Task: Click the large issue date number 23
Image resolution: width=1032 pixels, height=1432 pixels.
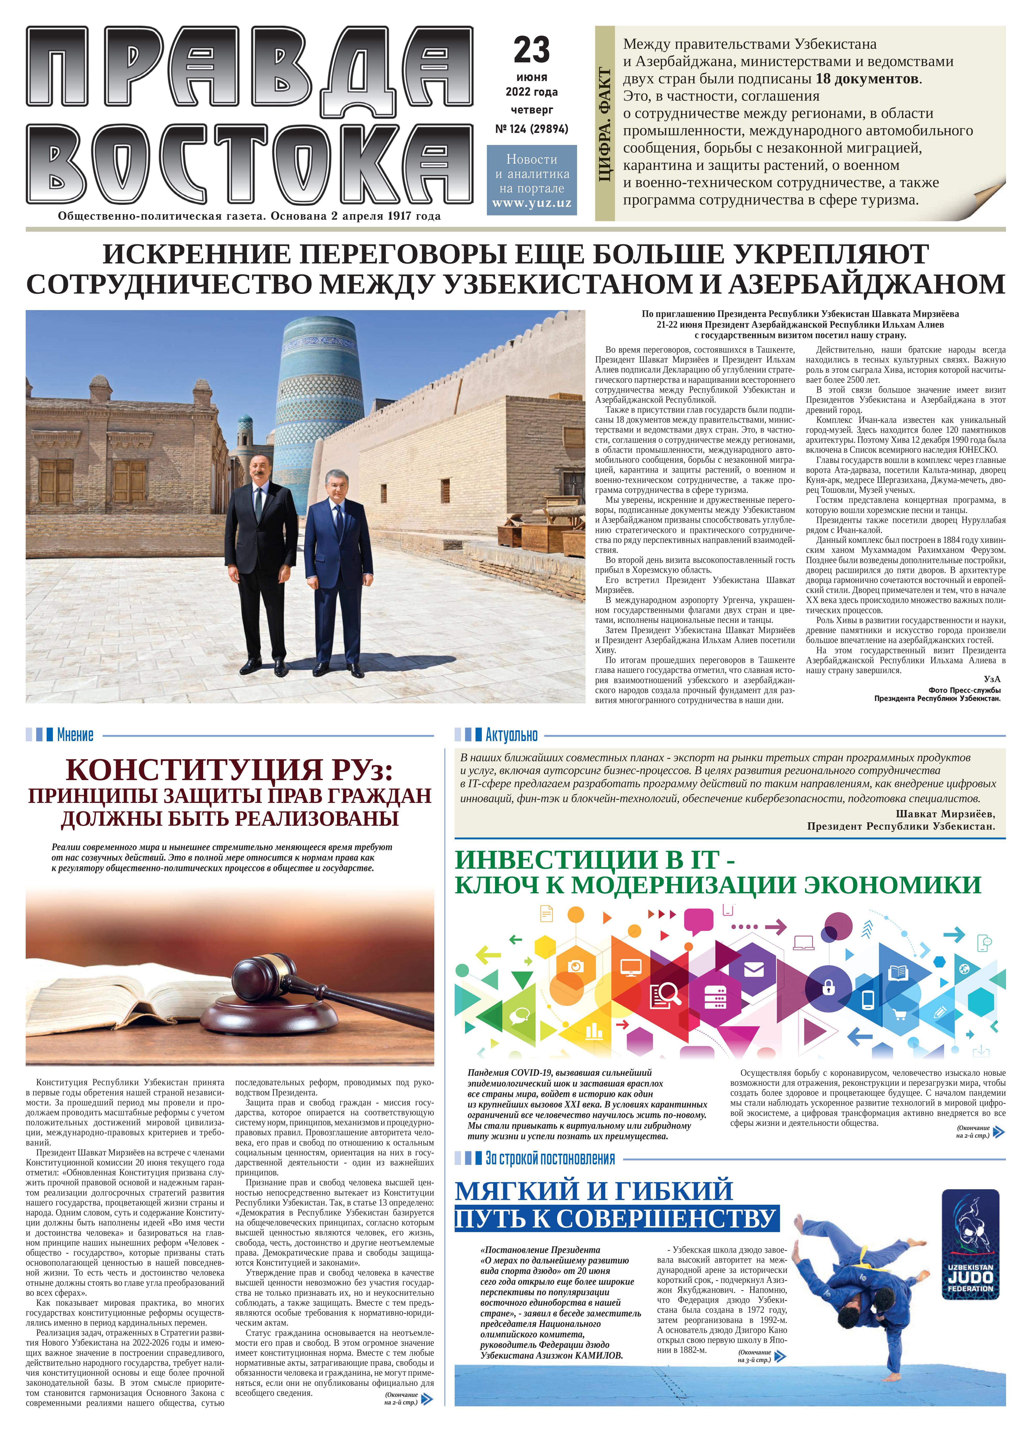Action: coord(531,51)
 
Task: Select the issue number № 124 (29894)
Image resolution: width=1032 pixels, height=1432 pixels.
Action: coord(531,129)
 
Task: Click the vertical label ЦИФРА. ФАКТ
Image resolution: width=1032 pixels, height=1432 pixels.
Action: coord(605,125)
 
